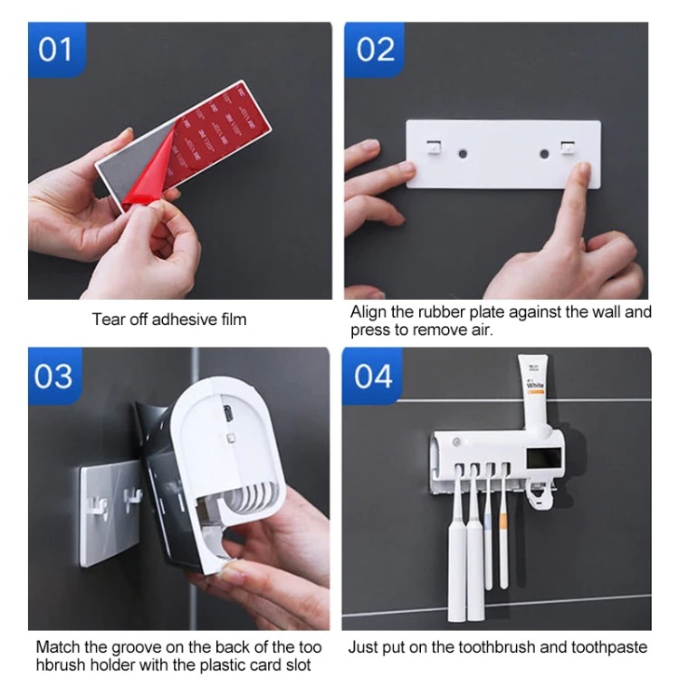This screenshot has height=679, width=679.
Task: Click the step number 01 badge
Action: tap(57, 50)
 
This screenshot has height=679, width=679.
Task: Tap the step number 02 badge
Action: tap(375, 50)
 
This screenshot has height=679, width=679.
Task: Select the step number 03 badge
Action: tap(55, 376)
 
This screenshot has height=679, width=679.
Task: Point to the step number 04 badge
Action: tap(372, 376)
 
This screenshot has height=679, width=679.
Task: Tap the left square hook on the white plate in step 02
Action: tap(434, 148)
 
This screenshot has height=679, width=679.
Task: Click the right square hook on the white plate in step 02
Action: tap(568, 148)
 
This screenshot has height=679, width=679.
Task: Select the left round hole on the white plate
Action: tap(463, 153)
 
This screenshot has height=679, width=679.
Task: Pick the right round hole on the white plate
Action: tap(544, 154)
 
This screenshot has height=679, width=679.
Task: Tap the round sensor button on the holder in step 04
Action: tap(455, 443)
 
